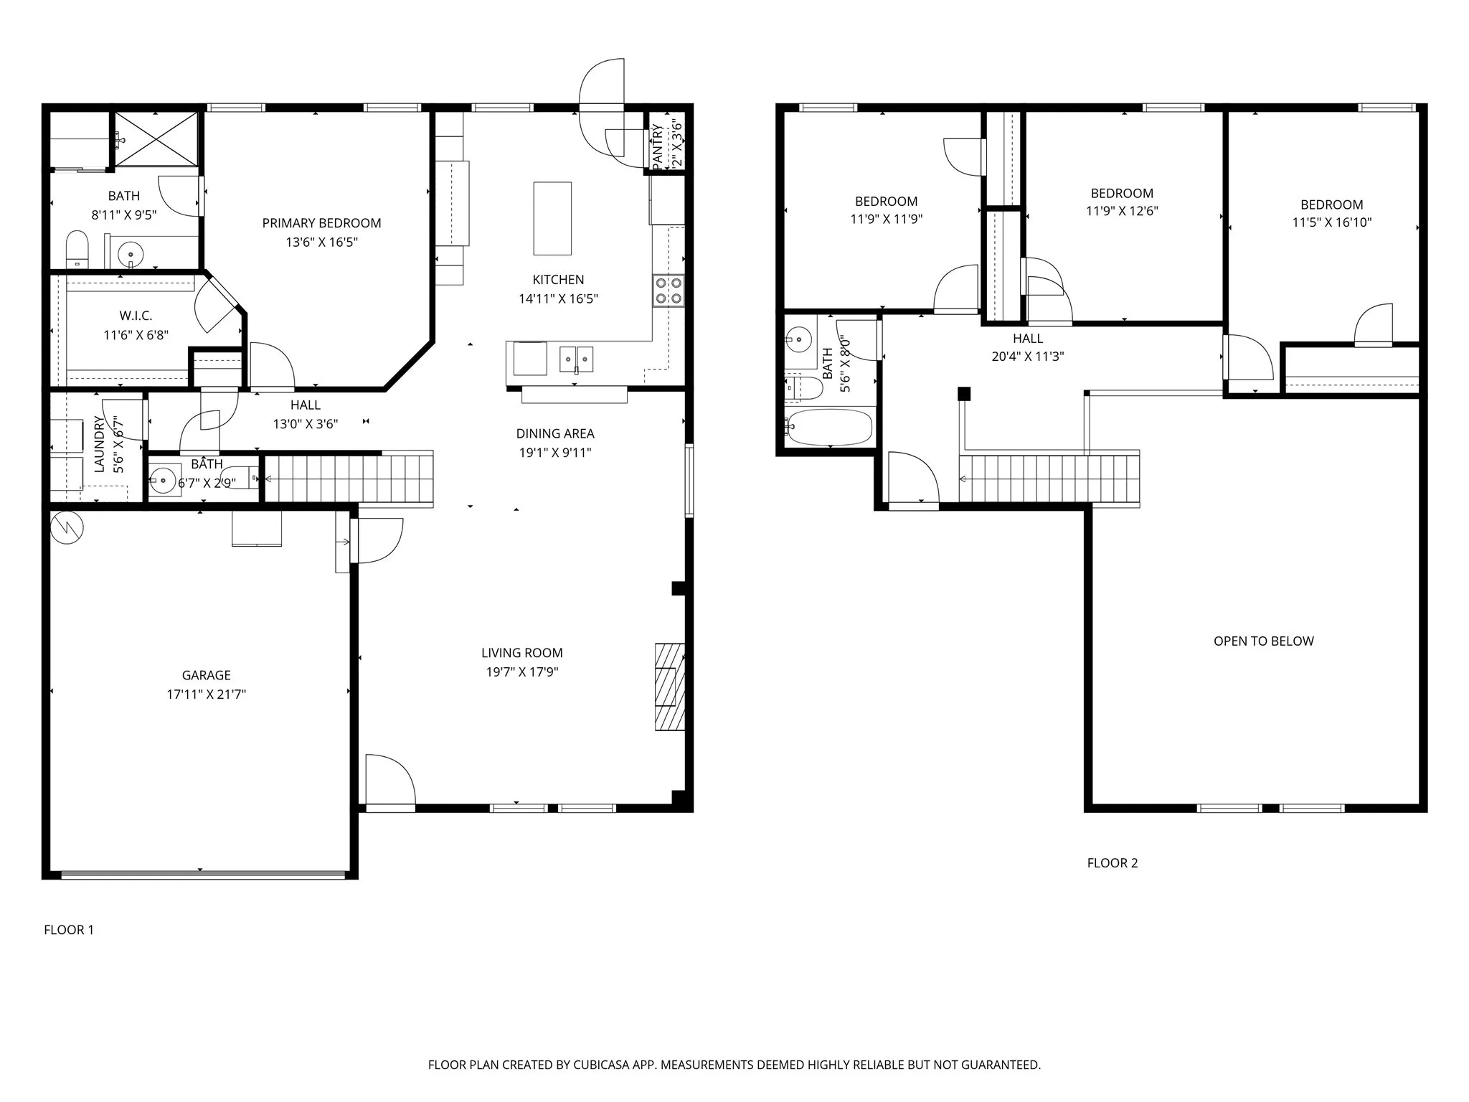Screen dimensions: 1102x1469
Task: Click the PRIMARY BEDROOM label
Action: pos(321,223)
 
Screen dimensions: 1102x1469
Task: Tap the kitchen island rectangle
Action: pos(552,218)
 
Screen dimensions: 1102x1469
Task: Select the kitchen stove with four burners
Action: pos(668,290)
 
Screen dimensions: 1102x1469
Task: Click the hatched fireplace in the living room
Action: pos(669,687)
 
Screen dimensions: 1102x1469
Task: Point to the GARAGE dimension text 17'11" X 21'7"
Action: pos(206,694)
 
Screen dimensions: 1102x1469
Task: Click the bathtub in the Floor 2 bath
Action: pos(829,428)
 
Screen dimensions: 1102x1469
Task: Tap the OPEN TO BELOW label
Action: pos(1263,641)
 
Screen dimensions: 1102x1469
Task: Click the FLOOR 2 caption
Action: pos(1112,863)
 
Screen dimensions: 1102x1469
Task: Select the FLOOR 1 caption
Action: pos(69,930)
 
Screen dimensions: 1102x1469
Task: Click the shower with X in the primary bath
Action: pos(156,139)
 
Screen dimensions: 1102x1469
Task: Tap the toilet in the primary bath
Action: pos(77,249)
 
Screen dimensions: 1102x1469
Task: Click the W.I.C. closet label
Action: pos(136,316)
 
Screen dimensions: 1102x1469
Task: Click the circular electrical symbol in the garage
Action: pos(67,527)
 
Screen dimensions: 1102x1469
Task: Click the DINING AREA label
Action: pos(554,433)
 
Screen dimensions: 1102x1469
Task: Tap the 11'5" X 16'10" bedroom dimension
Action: pos(1331,222)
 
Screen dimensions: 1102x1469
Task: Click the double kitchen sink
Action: pos(576,358)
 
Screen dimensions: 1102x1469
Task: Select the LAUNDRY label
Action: pos(100,444)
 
